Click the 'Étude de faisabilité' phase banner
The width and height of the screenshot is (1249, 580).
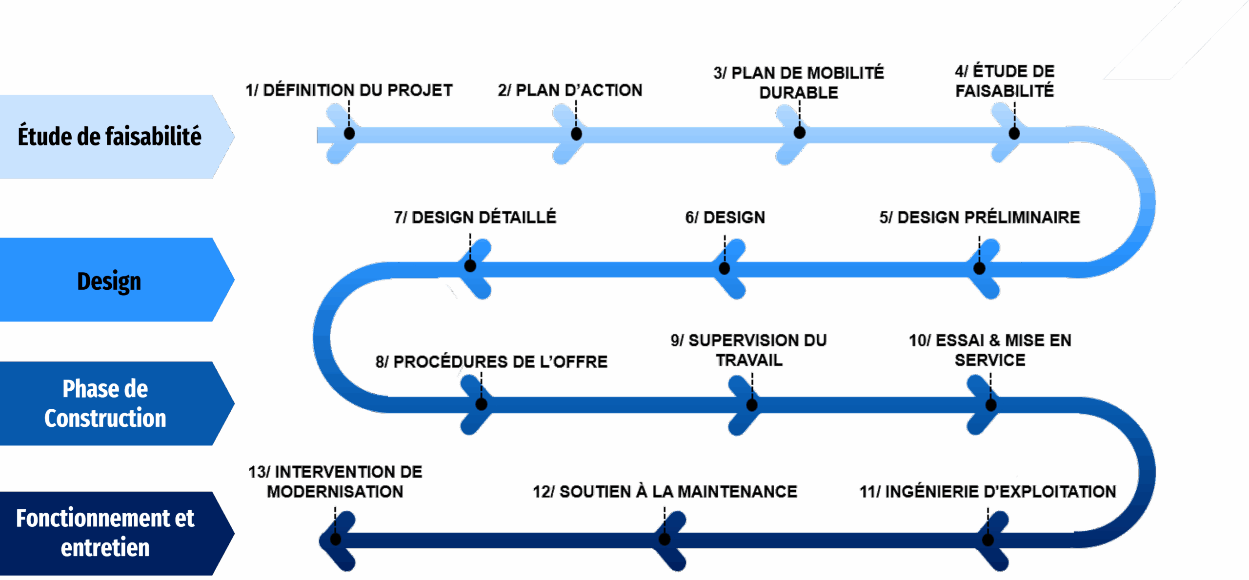pos(110,136)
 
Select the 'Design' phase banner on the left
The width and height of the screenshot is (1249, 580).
pos(109,280)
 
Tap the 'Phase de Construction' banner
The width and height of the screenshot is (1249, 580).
pos(105,403)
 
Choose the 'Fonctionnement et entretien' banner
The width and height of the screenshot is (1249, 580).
pos(105,533)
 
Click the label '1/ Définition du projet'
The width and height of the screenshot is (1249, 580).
pos(349,90)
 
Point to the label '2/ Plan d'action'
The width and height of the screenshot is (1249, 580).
pos(570,90)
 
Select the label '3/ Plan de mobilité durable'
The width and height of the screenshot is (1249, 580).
pos(799,82)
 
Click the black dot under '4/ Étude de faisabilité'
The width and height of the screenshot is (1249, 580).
pos(1014,133)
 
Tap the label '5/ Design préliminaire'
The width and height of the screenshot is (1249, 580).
pos(979,217)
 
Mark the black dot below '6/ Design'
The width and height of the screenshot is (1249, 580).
pos(725,268)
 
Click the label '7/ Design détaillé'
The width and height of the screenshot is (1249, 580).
pos(475,217)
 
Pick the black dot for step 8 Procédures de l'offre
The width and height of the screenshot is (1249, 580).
pos(481,404)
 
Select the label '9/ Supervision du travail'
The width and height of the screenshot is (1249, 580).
pos(749,350)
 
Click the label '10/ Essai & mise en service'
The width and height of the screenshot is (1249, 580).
pos(990,350)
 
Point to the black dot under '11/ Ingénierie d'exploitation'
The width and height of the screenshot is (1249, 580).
pos(988,540)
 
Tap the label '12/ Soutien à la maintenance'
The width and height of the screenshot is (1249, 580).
pos(665,491)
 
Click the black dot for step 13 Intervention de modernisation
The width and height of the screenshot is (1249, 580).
pos(335,539)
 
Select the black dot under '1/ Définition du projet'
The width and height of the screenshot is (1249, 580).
pos(349,133)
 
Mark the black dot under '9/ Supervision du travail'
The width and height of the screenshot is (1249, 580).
pos(752,404)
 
